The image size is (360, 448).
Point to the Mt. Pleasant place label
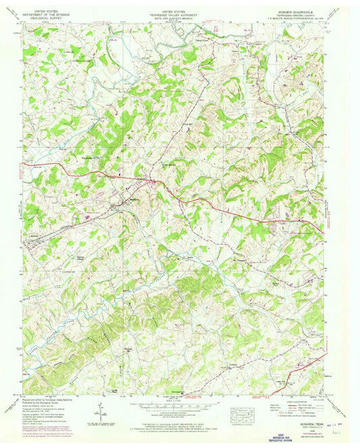click(241, 257)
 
